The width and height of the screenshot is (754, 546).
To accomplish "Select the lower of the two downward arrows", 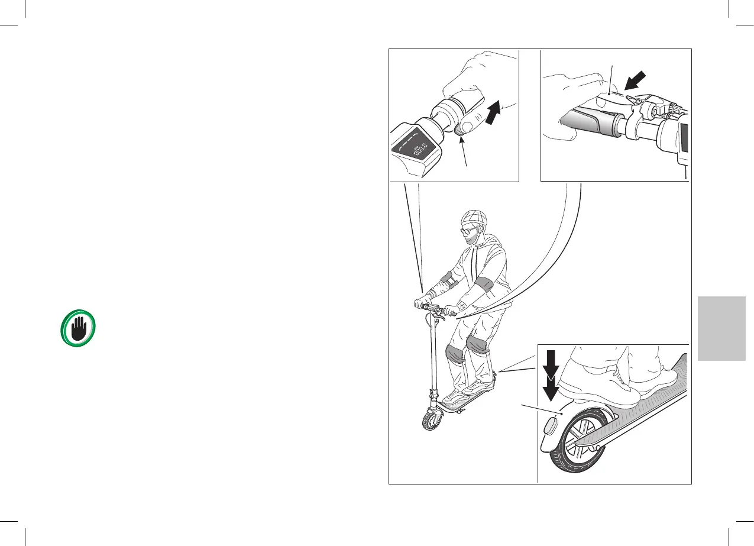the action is click(x=551, y=388).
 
